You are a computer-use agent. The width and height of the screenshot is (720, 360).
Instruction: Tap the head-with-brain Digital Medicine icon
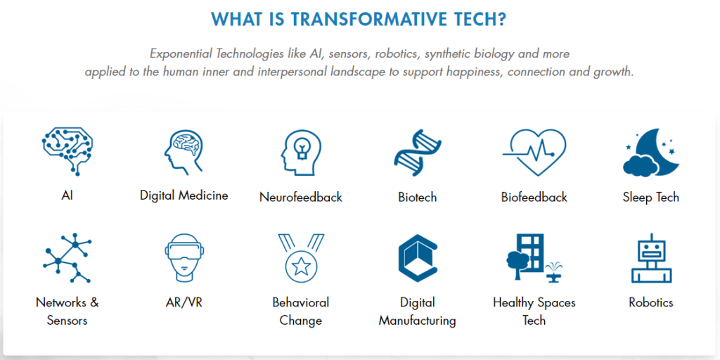[x=184, y=153]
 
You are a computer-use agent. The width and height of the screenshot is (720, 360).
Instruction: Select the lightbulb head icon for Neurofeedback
[x=301, y=153]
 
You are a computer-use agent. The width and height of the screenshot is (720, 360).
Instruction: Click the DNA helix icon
[x=418, y=153]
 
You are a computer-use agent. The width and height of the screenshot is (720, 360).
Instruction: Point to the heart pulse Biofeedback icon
[x=534, y=153]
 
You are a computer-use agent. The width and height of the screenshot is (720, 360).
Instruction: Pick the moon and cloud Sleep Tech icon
[x=651, y=152]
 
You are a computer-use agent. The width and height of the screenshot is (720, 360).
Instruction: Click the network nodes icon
[x=67, y=257]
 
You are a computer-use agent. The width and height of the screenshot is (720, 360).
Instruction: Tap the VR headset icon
[x=184, y=257]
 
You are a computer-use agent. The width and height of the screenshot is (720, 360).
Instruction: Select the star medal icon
[x=301, y=257]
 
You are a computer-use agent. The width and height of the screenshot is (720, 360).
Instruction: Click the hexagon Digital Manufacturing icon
[x=418, y=257]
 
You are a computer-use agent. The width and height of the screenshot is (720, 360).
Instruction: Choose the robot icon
[x=651, y=257]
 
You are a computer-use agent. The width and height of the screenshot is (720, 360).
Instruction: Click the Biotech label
[x=418, y=198]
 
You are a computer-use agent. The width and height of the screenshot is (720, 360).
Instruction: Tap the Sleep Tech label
[x=651, y=198]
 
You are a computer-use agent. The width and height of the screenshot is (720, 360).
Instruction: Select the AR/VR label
[x=184, y=302]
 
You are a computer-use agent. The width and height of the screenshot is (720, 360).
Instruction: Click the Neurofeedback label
[x=301, y=198]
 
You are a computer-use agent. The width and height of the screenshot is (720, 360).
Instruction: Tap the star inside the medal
[x=301, y=265]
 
